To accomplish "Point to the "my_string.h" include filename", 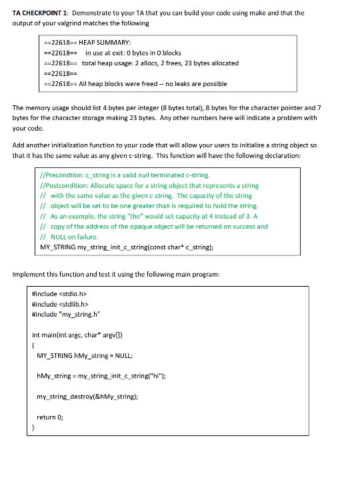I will click(78, 313).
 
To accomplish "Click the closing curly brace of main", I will click(34, 428).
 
